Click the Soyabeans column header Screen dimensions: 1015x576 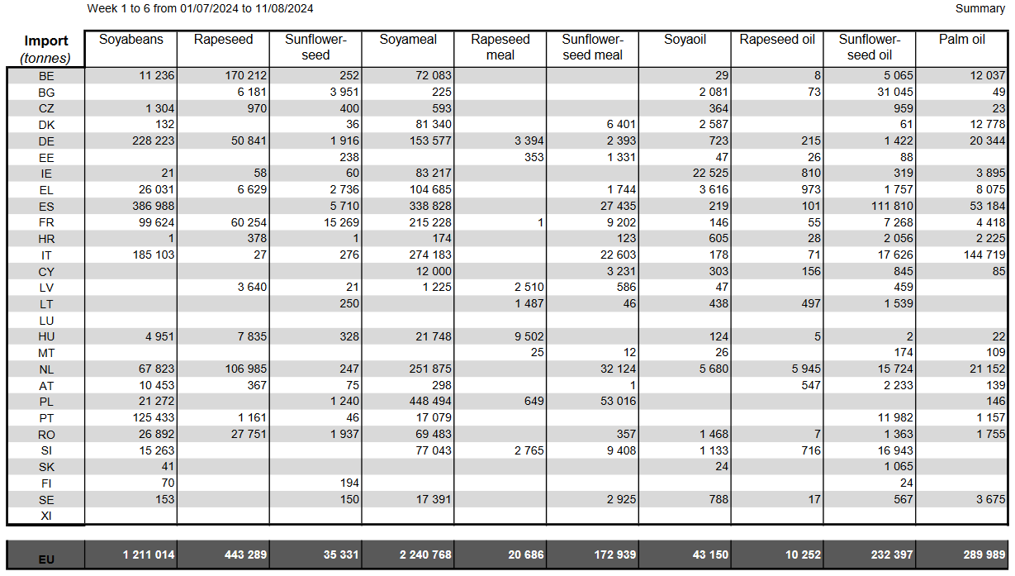click(x=131, y=40)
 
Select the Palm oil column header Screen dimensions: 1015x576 click(x=961, y=40)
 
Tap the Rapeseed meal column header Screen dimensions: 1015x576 click(x=500, y=47)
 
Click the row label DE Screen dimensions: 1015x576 click(x=46, y=141)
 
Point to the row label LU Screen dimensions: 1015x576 click(x=46, y=321)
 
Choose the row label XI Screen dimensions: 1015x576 click(x=46, y=516)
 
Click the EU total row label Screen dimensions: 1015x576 click(x=46, y=559)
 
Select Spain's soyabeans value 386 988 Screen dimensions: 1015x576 click(x=153, y=207)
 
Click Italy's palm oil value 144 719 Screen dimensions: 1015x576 click(x=984, y=255)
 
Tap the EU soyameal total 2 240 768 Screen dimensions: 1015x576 click(x=425, y=555)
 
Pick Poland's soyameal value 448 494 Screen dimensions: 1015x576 click(x=430, y=402)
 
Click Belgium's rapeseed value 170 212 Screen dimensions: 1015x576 click(x=246, y=75)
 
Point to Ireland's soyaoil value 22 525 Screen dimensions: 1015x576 click(x=710, y=174)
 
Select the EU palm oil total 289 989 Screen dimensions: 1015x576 click(x=984, y=555)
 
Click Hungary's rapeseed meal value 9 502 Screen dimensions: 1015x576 click(x=529, y=336)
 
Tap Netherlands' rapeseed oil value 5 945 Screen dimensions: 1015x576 click(x=806, y=369)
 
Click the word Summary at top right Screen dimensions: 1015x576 click(x=980, y=8)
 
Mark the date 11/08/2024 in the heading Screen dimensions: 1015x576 click(x=283, y=8)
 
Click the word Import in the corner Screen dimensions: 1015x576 click(x=45, y=40)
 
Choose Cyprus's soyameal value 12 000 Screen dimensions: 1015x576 click(x=434, y=272)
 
